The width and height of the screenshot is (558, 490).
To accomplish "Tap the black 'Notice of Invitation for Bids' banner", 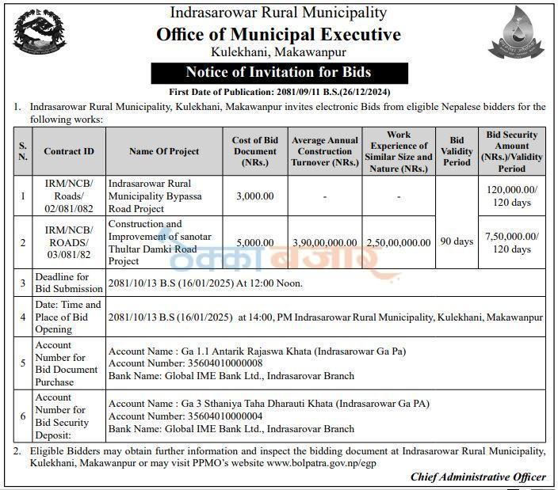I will coord(278,73).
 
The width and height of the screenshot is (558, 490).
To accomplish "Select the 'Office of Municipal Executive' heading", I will coord(278,35).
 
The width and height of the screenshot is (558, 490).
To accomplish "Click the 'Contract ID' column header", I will coord(69,151).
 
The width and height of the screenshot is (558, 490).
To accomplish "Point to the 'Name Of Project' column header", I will coord(164,151).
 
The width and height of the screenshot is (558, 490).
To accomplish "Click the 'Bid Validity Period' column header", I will coord(457,151).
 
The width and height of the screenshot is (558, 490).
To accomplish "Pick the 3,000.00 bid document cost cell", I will coord(254,196).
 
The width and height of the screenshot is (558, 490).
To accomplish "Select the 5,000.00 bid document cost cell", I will coord(254,242).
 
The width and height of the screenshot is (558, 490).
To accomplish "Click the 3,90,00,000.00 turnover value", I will coord(325,243).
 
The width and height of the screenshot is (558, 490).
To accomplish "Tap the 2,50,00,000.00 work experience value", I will coord(399,243).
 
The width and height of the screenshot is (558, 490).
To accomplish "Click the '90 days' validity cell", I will coord(457,241).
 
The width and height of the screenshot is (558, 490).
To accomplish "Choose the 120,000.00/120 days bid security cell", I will coord(512,196).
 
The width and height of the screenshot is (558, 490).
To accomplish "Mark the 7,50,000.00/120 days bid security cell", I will coord(512,242).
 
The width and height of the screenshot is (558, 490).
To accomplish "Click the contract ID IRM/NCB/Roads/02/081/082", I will coord(68,196).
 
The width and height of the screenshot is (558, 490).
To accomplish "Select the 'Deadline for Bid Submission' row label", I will coord(66,283).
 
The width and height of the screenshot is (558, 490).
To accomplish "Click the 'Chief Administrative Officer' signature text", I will coord(478,477).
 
